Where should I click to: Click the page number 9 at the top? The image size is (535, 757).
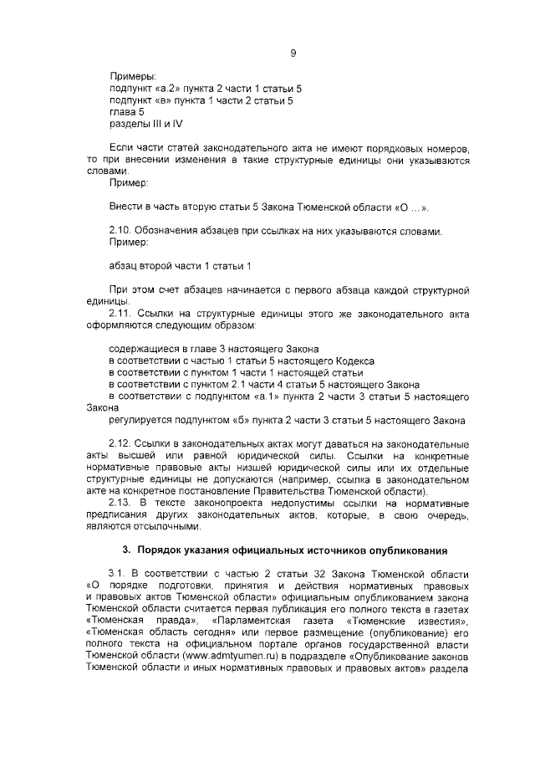293,54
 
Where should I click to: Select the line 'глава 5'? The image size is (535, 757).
127,111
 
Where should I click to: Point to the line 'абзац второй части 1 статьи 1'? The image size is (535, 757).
181,266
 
